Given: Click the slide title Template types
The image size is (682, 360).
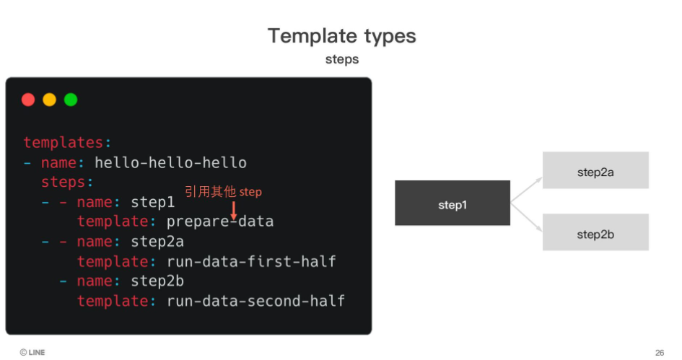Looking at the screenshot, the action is [342, 36].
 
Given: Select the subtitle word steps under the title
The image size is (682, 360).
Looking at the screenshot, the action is [342, 59].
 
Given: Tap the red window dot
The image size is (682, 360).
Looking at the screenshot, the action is [28, 100].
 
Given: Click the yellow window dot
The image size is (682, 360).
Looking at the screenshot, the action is [50, 100].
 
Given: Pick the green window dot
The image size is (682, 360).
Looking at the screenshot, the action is [71, 100].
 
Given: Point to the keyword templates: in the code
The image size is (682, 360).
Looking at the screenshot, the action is [67, 143].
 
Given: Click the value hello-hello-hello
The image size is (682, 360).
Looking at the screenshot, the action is [170, 162].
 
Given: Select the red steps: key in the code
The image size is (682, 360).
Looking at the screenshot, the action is [67, 183].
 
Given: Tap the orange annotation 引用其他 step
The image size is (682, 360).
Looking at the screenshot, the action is [223, 191].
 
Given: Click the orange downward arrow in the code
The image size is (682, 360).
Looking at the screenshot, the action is [234, 211].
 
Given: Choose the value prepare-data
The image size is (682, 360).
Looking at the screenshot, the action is [220, 221].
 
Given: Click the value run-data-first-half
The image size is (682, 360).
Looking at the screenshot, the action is [251, 261].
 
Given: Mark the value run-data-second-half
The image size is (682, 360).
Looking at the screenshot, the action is [255, 301].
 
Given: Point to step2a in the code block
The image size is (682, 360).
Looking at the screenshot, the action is [157, 242].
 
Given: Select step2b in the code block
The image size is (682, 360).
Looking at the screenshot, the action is [157, 281].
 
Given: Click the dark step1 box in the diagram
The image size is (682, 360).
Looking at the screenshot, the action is [453, 203].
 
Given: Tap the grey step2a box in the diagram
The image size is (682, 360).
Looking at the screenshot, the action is [595, 170].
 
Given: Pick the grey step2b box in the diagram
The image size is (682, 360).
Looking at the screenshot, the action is [595, 232].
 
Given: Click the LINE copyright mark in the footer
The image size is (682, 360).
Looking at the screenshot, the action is [32, 352].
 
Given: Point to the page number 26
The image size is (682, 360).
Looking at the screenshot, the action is [660, 353].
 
